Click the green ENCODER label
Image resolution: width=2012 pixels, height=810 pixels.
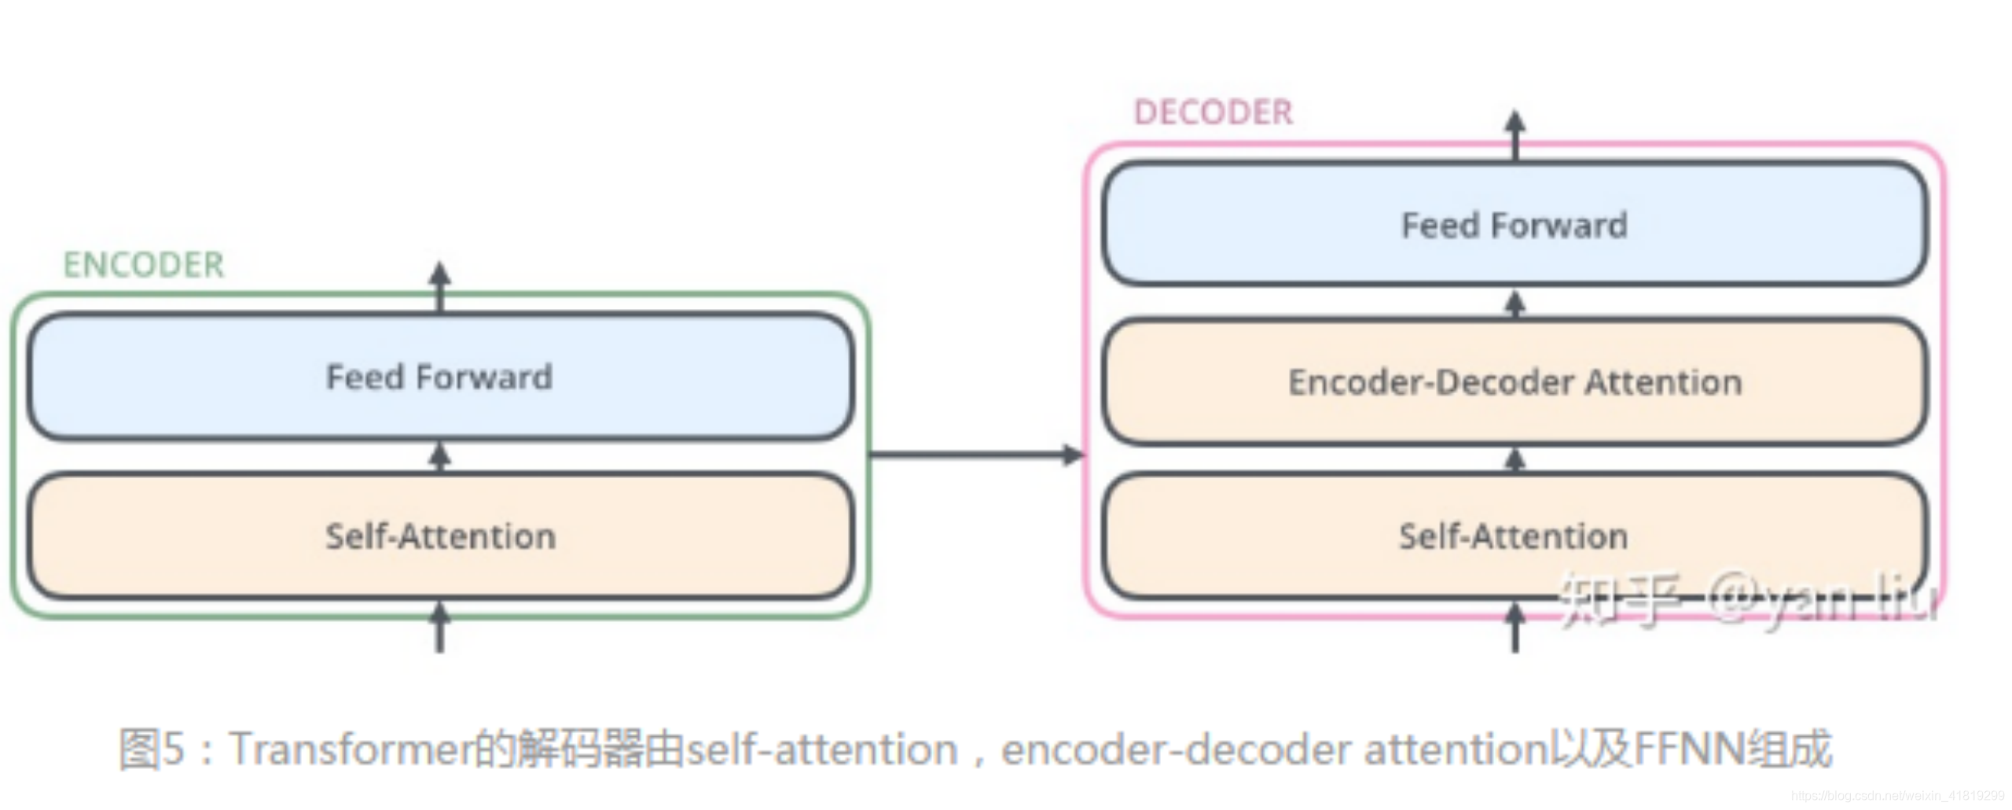144,265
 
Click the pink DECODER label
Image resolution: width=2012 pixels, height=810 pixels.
1213,112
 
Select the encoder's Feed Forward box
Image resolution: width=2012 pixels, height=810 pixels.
440,377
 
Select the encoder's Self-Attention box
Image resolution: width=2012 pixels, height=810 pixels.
440,536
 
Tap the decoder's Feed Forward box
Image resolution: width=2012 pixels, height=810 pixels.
1515,225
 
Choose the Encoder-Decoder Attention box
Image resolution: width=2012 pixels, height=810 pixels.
1515,382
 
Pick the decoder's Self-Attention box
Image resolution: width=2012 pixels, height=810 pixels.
1515,536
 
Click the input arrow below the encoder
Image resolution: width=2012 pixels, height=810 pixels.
440,629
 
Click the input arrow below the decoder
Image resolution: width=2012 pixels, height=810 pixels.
1515,629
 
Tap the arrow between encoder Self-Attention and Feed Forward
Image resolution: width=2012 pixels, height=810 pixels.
440,455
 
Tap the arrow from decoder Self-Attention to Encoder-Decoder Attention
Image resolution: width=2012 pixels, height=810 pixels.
1515,459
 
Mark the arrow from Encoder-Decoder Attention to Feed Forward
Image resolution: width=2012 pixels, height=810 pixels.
1515,303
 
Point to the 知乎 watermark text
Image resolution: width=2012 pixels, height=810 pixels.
1619,599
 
